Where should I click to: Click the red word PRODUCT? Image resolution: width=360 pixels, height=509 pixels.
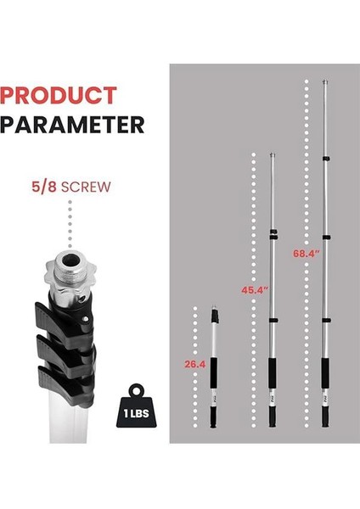click(59, 95)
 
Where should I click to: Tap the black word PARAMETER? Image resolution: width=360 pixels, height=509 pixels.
click(72, 125)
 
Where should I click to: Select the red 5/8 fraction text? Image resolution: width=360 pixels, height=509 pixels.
click(44, 187)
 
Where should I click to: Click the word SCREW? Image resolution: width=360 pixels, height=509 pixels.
click(86, 187)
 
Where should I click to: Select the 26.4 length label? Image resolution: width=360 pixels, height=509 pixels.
click(195, 364)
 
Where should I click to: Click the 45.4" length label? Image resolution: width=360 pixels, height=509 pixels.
click(255, 290)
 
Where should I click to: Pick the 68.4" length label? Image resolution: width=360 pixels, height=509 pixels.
click(307, 253)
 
